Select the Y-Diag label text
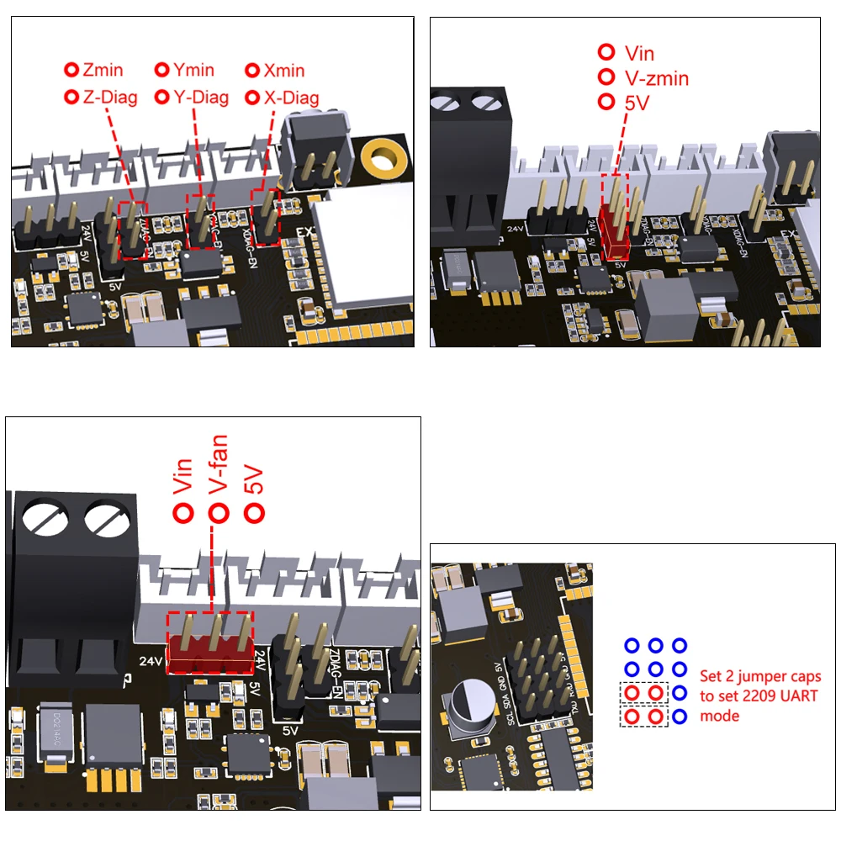(200, 98)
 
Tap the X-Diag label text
(291, 98)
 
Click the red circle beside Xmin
(251, 71)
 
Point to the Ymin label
(193, 71)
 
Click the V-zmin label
(656, 78)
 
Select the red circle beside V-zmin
(606, 77)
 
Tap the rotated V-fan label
(219, 474)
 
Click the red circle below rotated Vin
(182, 512)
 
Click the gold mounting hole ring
(384, 156)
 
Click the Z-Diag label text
(109, 98)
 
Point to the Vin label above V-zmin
(639, 53)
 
